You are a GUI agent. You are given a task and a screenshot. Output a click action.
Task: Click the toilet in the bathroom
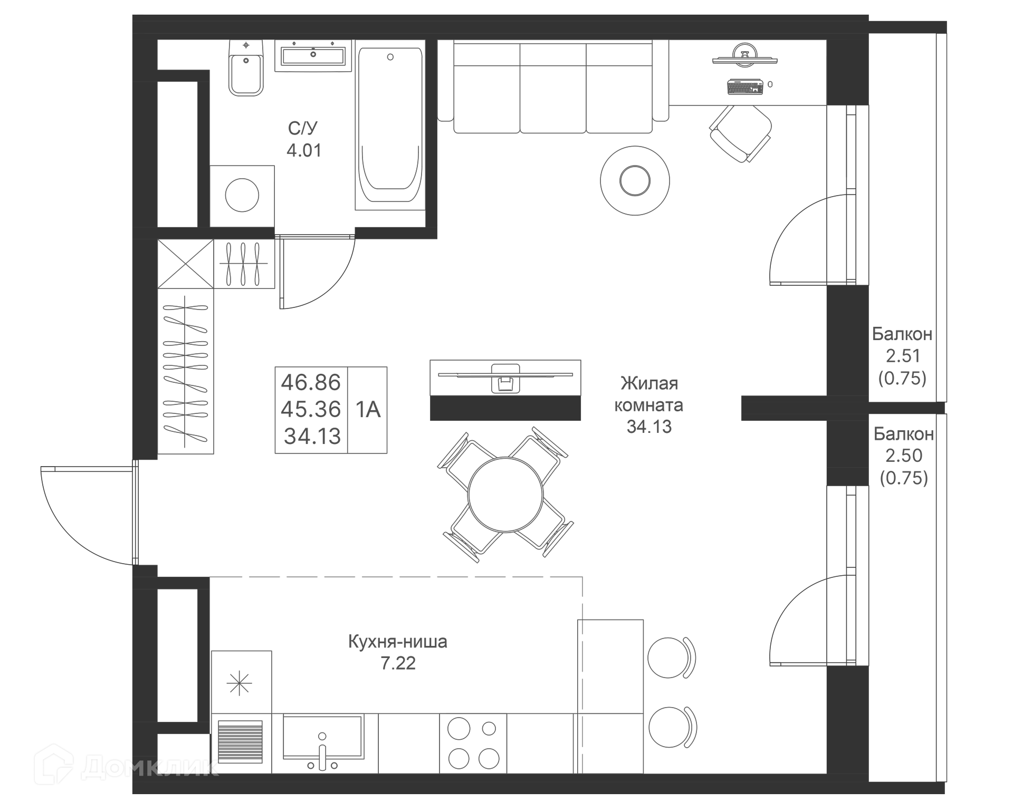(x=246, y=71)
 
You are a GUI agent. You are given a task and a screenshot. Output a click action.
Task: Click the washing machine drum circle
(x=242, y=195)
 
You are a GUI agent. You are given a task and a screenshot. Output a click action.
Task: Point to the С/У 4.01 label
(x=303, y=139)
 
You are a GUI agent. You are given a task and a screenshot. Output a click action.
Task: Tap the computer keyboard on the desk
(x=745, y=86)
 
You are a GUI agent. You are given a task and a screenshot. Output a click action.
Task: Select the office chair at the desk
(x=740, y=133)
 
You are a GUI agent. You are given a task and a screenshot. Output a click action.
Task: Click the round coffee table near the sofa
(x=635, y=181)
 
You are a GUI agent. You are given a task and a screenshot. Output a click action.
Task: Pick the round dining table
(x=505, y=495)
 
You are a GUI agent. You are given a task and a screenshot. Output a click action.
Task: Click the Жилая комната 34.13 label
(x=649, y=404)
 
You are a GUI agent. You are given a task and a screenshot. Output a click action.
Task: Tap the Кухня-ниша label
(x=398, y=642)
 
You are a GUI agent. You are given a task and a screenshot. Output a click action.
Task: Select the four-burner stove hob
(x=473, y=743)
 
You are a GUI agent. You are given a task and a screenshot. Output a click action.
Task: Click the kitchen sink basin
(x=322, y=736)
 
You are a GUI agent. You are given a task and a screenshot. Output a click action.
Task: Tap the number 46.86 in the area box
(x=311, y=382)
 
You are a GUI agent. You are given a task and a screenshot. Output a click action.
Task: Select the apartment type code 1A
(x=368, y=410)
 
